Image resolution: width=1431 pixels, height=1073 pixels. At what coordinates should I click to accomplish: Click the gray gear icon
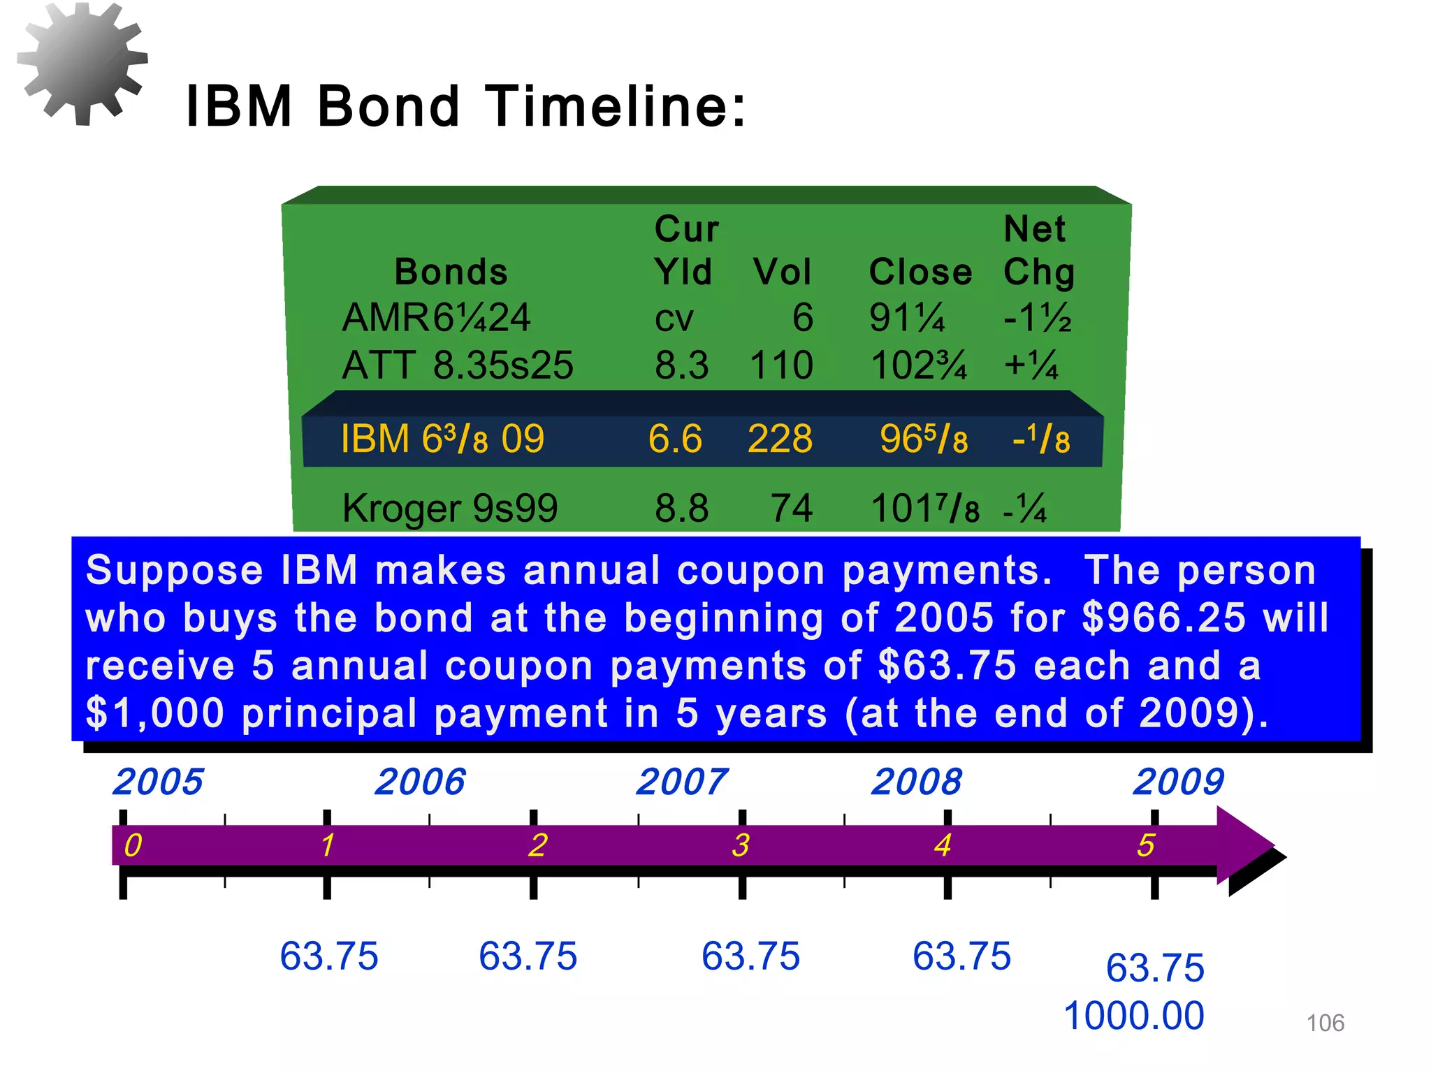[x=82, y=63]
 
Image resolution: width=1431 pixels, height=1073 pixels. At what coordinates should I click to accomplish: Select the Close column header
[x=920, y=272]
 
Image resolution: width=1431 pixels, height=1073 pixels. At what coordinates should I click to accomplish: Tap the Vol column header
[x=782, y=272]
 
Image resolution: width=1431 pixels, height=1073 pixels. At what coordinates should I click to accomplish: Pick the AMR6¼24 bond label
[x=436, y=318]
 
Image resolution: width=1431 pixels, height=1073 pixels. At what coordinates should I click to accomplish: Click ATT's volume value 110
[x=781, y=365]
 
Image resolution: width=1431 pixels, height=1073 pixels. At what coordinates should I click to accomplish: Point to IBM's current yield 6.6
[x=675, y=439]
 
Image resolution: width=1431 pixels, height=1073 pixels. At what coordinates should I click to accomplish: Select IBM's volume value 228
[x=780, y=439]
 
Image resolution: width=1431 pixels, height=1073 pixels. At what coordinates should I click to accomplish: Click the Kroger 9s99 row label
[x=450, y=508]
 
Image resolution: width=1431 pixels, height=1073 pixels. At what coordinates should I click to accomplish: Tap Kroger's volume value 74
[x=792, y=508]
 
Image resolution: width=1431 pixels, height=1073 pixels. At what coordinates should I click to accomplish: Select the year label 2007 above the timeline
[x=681, y=782]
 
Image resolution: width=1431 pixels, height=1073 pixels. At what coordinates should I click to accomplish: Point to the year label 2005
[x=158, y=782]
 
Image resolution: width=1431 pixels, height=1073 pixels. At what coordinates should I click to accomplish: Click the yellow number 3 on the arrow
[x=741, y=845]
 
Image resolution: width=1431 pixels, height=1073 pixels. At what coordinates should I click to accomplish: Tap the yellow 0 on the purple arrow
[x=133, y=845]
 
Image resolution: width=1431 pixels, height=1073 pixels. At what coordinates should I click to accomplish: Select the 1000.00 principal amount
[x=1133, y=1016]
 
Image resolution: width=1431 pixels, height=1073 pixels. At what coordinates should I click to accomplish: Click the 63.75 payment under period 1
[x=328, y=956]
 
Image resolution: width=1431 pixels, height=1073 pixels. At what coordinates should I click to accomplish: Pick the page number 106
[x=1325, y=1023]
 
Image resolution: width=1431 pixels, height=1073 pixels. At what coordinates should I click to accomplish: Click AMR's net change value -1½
[x=1037, y=318]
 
